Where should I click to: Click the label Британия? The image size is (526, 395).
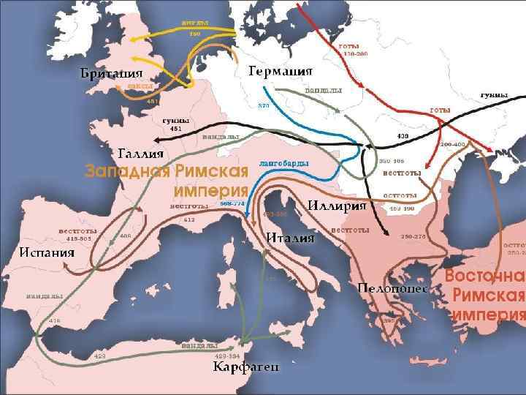pos(110,74)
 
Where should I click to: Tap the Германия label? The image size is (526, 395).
pos(281,71)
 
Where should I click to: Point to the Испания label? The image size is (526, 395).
pos(47,252)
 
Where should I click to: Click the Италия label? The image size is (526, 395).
pos(290,238)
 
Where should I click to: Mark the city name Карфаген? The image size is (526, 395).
pos(245,366)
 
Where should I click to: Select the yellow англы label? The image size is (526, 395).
pos(195,22)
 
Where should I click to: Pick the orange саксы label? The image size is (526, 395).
pos(140,86)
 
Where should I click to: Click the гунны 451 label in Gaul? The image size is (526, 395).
pos(175,124)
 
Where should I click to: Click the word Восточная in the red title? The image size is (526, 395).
pos(486,276)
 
